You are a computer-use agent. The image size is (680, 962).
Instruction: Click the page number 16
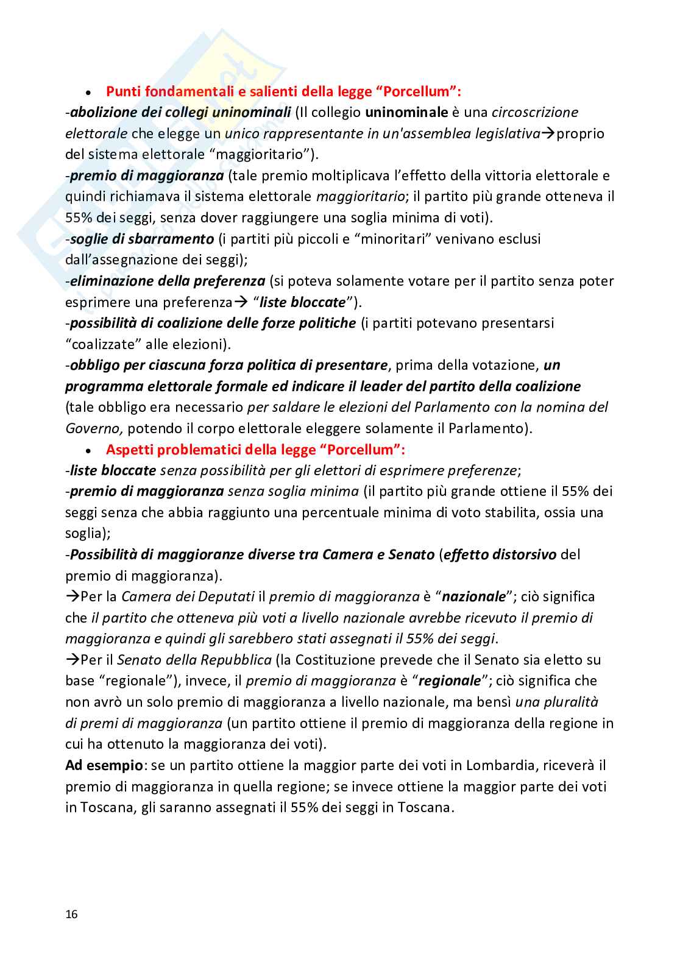pyautogui.click(x=71, y=914)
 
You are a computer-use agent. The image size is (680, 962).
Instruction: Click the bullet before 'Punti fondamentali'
pyautogui.click(x=89, y=93)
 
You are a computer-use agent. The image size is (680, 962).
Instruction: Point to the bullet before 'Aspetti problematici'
pyautogui.click(x=89, y=451)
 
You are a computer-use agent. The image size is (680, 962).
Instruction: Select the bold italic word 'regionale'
pyautogui.click(x=449, y=681)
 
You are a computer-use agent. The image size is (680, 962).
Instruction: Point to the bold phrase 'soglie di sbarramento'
pyautogui.click(x=142, y=239)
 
